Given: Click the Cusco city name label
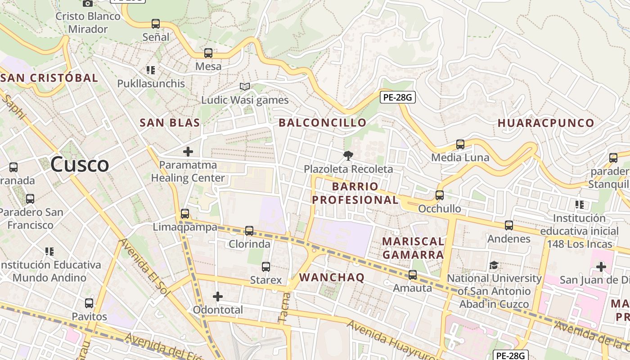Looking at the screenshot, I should click(80, 164).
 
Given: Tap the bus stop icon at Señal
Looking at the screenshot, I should click(156, 24).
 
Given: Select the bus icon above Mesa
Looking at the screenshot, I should click(208, 53).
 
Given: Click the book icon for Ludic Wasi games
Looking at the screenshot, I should click(244, 86).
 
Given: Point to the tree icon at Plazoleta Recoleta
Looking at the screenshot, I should click(348, 156).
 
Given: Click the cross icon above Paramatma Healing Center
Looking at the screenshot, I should click(188, 152).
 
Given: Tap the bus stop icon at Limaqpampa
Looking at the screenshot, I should click(185, 214).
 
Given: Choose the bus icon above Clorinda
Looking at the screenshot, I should click(249, 231).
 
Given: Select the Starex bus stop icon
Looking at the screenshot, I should click(266, 267).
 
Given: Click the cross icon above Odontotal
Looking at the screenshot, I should click(218, 297).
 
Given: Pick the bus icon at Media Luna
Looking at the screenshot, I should click(460, 144).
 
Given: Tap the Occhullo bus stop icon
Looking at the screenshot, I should click(440, 195).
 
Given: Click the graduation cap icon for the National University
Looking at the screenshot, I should click(494, 265).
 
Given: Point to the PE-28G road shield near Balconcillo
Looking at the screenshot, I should click(397, 97).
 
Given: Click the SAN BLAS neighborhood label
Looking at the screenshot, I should click(170, 123).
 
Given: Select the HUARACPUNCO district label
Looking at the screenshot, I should click(546, 123).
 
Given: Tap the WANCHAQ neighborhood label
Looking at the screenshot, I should click(332, 278).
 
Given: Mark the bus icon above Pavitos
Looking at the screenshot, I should click(89, 303).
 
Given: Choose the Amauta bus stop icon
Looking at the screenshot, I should click(413, 275).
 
